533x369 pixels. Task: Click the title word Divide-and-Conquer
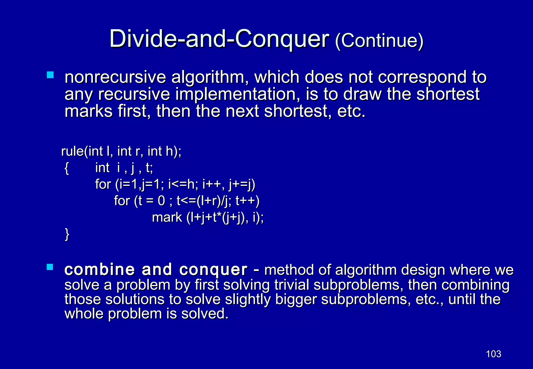[219, 39]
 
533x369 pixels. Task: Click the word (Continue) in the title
[379, 41]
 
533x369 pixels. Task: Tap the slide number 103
[493, 354]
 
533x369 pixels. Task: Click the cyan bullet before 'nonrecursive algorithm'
[50, 75]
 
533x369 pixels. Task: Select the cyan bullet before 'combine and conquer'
[50, 267]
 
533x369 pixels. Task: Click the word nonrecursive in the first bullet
[115, 77]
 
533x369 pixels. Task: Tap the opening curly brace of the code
[67, 168]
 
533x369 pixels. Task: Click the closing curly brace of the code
[67, 234]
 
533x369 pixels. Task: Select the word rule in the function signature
[73, 151]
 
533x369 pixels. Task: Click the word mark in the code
[167, 218]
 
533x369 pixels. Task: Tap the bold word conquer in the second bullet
[213, 270]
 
